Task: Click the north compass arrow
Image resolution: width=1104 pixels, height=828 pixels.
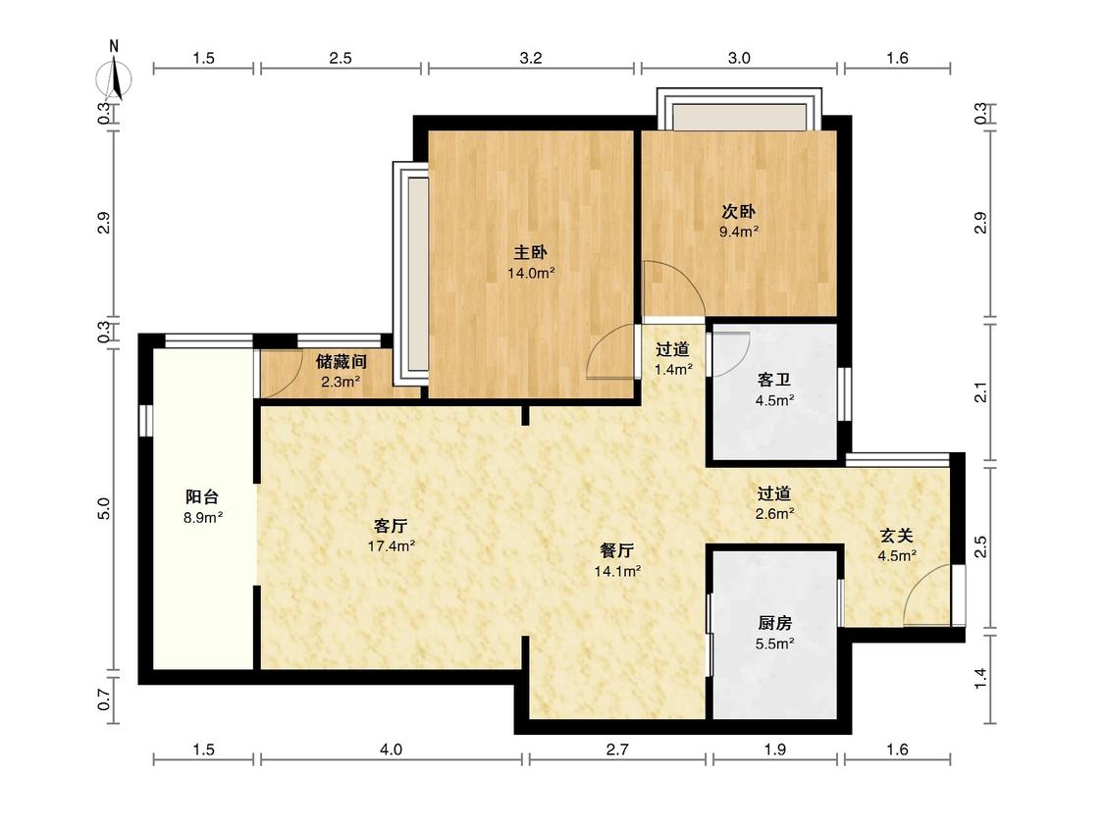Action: pos(115,77)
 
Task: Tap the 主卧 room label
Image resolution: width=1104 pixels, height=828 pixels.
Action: pos(530,252)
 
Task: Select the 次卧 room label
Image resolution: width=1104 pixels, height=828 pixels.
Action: pos(738,211)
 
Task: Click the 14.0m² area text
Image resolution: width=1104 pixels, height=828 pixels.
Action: pos(531,273)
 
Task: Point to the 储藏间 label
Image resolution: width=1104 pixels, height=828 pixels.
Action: pos(341,362)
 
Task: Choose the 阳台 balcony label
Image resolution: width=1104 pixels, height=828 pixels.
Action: pos(202,497)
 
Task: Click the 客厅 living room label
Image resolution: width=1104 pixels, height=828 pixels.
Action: pos(391,526)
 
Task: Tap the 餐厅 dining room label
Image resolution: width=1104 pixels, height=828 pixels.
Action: pos(617,550)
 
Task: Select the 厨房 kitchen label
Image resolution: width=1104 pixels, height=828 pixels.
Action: pos(774,623)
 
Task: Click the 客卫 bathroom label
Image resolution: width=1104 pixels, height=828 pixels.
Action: pos(774,381)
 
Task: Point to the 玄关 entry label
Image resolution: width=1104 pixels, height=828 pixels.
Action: pos(896,535)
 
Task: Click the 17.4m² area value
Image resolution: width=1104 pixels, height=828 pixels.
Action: pos(391,546)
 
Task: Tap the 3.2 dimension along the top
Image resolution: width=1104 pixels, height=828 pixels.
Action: pos(531,58)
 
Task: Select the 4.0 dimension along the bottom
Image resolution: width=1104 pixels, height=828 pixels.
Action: pos(391,750)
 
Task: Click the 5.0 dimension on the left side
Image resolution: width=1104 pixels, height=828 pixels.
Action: pos(104,508)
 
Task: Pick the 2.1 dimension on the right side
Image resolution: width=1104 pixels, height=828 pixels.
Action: pos(980,392)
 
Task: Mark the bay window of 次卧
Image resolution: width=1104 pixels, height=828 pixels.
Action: pos(739,109)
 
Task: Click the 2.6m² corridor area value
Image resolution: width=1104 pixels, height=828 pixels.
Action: pos(774,514)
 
